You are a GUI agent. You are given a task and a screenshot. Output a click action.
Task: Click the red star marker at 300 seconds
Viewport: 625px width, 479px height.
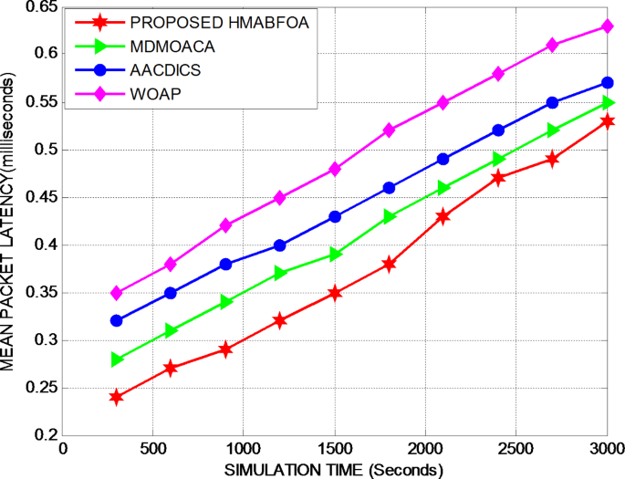coord(117,397)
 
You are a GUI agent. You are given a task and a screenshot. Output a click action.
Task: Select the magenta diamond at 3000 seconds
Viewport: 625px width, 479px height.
coord(608,26)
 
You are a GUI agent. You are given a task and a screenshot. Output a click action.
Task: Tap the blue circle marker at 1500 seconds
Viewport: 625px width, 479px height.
coord(335,217)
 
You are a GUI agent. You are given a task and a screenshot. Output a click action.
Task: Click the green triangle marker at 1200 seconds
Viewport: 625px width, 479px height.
coord(281,273)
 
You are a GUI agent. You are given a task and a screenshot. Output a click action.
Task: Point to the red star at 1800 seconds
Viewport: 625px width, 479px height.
coord(390,264)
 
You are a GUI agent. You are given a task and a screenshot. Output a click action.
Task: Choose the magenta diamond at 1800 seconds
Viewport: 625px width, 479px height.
coord(390,130)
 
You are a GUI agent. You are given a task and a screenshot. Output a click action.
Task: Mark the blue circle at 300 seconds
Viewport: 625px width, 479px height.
coord(117,320)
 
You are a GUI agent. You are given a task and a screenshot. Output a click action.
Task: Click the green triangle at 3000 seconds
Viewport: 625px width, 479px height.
coord(608,103)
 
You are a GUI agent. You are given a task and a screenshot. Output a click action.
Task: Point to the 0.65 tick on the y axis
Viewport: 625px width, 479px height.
coord(41,7)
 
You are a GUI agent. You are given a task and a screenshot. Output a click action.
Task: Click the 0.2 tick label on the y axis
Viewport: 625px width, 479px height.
coord(45,436)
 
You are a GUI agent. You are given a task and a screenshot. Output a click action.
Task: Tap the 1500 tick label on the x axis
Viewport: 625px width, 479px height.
coord(335,451)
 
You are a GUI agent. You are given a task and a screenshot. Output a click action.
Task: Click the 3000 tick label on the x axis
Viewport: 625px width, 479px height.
coord(606,451)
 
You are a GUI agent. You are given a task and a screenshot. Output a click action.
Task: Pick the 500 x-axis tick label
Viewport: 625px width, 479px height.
coord(153,451)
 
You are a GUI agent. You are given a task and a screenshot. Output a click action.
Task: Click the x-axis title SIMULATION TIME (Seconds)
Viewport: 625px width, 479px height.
coord(335,470)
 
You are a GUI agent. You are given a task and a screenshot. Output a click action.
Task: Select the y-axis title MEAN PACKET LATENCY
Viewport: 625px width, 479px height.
coord(9,224)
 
